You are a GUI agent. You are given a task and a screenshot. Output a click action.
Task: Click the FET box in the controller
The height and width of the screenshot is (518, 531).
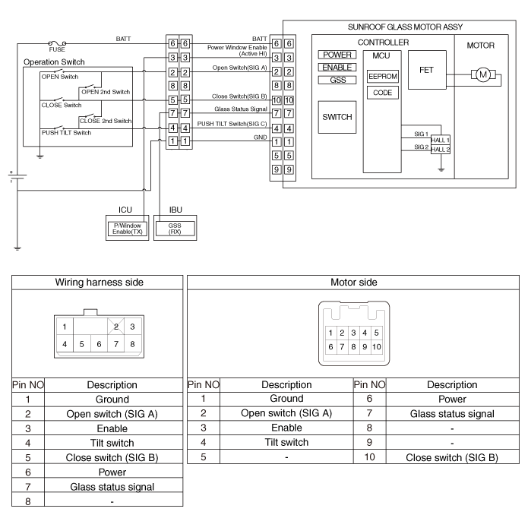coord(427,70)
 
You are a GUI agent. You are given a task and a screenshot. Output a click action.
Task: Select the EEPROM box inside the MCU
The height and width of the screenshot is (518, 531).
coord(383,76)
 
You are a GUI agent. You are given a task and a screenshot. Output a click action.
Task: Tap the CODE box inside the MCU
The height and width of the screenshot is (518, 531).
coord(383,93)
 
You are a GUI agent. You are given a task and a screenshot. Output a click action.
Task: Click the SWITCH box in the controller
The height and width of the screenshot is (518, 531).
coord(337,117)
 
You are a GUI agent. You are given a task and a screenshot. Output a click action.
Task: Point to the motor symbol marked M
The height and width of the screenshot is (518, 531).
coord(483,74)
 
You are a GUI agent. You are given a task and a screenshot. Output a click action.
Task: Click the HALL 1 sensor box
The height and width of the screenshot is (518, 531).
coord(441,140)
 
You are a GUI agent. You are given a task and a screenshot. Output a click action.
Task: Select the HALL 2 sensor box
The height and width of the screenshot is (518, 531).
coord(441,150)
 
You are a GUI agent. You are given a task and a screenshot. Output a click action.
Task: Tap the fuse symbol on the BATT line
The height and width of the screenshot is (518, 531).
coord(57,43)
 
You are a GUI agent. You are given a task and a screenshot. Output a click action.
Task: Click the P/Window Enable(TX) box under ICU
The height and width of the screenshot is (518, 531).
coord(128,229)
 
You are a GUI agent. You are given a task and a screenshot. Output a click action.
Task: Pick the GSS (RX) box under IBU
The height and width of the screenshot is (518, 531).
coord(175,229)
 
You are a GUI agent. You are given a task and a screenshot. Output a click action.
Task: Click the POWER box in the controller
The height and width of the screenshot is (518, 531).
coord(337,55)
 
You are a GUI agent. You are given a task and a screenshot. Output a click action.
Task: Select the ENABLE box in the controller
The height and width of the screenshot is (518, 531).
coord(337,68)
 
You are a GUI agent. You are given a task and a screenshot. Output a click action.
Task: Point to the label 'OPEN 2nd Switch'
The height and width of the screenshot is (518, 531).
coord(106,92)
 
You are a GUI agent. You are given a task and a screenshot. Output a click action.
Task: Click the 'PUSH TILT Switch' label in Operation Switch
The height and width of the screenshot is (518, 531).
coord(66,133)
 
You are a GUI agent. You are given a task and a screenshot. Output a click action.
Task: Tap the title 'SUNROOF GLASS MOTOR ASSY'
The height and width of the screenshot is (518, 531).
coord(405,27)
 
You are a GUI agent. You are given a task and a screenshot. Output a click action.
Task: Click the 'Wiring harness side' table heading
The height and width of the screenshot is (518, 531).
coord(100,283)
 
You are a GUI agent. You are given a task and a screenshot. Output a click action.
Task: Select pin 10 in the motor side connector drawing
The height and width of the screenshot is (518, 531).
coord(377,346)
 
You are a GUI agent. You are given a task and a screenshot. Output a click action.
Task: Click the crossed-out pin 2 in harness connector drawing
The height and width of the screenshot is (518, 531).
coord(116,327)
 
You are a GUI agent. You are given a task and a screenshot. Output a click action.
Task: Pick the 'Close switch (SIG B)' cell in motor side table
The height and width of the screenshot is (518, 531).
coord(452,457)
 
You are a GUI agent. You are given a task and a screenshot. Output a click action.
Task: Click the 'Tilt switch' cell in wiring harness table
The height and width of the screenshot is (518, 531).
coord(112,443)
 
